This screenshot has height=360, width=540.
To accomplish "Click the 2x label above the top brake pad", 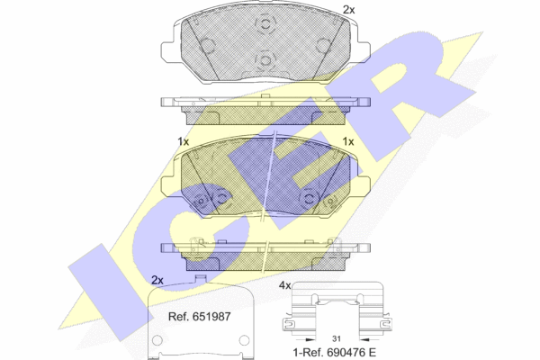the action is [348, 10].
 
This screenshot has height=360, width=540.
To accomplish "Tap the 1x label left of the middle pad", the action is [184, 141].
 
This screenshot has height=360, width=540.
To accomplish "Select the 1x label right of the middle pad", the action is [348, 141].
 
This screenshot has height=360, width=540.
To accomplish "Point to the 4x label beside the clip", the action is [284, 285].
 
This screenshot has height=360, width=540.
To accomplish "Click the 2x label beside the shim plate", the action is [157, 280].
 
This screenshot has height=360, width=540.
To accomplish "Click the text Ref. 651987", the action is [199, 317].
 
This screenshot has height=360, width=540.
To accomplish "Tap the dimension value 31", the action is [337, 338].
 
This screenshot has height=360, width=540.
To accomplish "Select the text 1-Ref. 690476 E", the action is [334, 353].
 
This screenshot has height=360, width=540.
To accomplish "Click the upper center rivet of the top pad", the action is [265, 23].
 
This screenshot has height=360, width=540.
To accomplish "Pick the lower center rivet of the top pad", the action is [265, 60].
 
